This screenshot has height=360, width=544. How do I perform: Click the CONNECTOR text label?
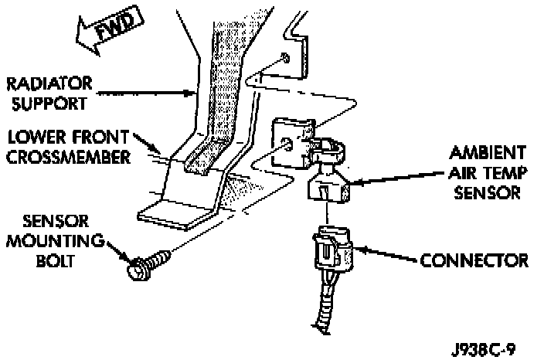[474, 258]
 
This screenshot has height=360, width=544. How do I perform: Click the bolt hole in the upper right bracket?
[286, 56]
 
